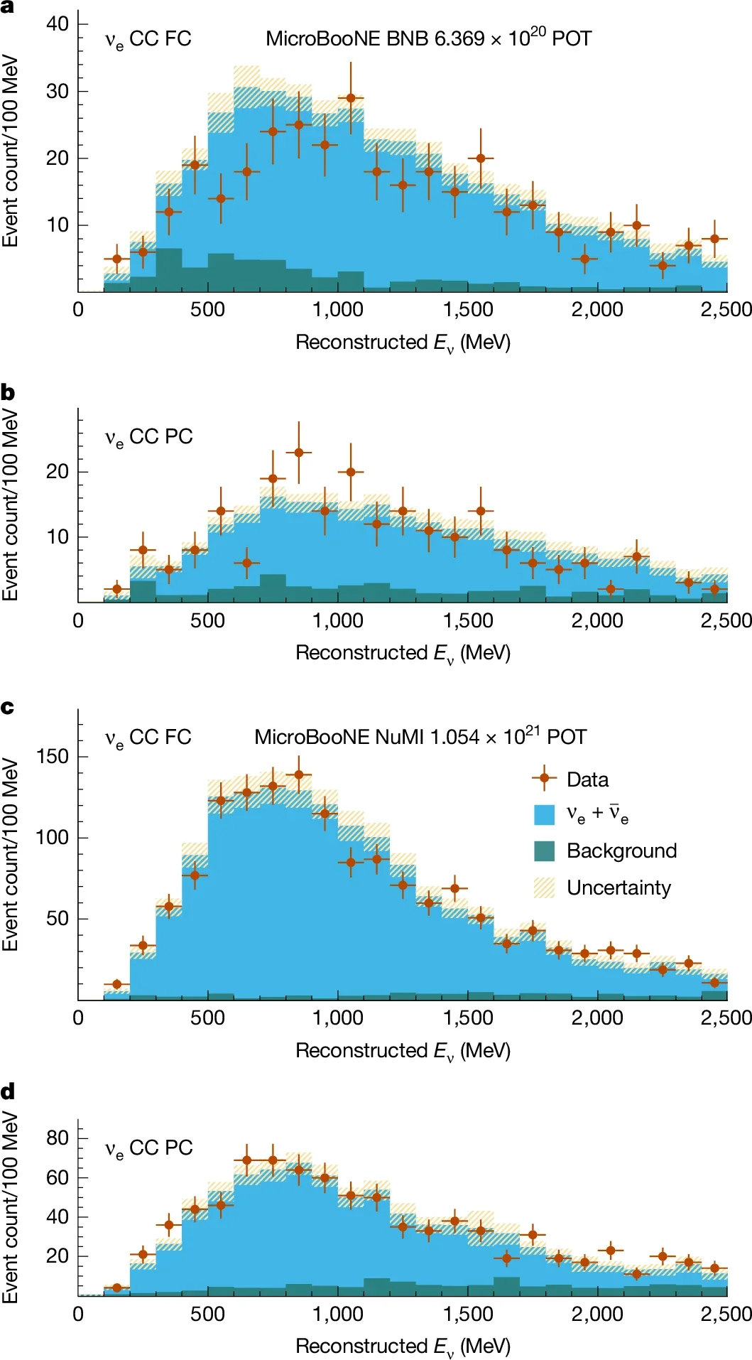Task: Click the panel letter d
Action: tap(8, 1091)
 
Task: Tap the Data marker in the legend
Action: tap(544, 779)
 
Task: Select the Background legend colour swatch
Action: tap(544, 851)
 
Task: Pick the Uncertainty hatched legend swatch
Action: tap(544, 887)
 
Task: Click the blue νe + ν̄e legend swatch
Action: tap(544, 814)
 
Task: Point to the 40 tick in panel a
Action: tap(58, 23)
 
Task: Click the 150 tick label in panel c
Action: tap(53, 756)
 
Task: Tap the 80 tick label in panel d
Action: tap(58, 1138)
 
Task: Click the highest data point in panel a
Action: tap(351, 97)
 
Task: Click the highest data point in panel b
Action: tap(299, 452)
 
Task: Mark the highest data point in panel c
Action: tap(299, 775)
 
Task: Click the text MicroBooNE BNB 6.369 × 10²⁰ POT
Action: tap(428, 38)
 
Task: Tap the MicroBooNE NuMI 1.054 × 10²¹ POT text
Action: tap(420, 737)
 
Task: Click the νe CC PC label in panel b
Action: tap(148, 437)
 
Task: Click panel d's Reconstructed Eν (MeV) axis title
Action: tap(403, 1346)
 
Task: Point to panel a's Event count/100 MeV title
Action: tap(10, 151)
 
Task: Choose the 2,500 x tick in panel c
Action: tap(726, 1018)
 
